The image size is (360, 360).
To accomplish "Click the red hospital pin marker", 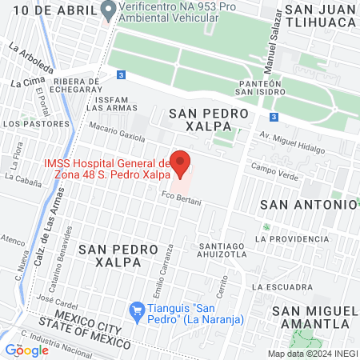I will pos(181,162).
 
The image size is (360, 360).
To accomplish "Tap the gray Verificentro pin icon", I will pos(109,10).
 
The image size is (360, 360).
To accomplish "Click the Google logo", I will pos(26,350).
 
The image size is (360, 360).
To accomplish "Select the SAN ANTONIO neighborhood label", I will pos(308,204).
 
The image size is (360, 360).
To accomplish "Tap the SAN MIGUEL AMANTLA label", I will pos(314,316).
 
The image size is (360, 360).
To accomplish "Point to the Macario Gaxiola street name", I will pos(118,130).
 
